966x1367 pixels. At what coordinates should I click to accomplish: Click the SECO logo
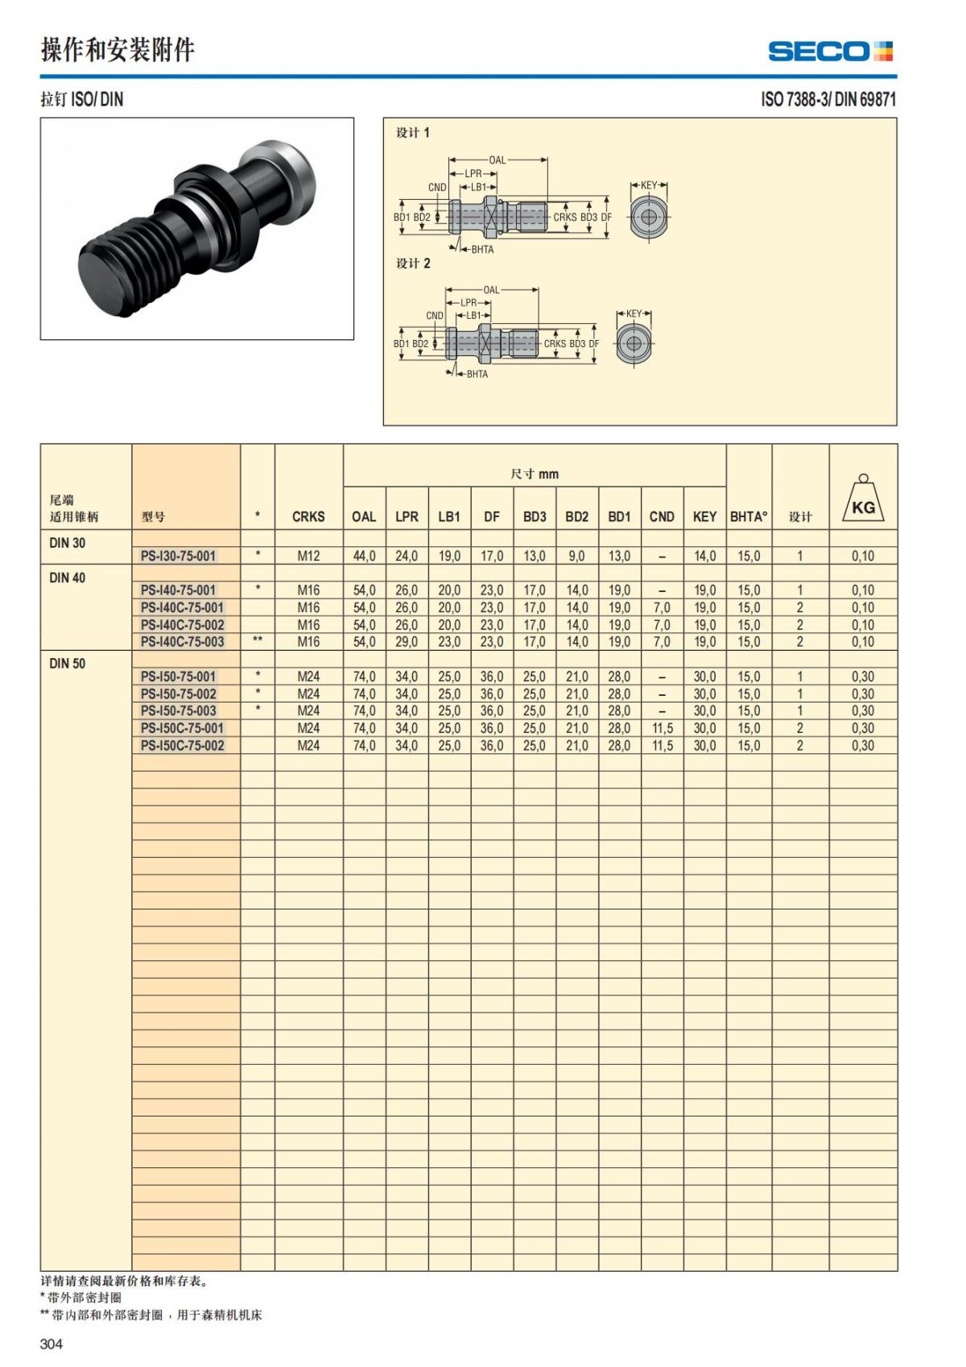[x=830, y=52]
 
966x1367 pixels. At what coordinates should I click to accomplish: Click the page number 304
[x=52, y=1344]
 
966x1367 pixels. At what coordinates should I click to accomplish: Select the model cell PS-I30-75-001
[x=178, y=556]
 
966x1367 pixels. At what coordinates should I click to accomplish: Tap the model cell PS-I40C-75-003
[x=182, y=642]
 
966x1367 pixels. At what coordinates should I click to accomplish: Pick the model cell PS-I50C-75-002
[x=182, y=746]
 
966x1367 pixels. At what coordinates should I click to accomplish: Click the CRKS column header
[x=308, y=517]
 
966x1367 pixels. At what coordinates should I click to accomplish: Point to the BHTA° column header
[x=749, y=517]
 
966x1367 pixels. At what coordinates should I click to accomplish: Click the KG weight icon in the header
[x=863, y=502]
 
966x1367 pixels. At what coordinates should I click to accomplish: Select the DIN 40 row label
[x=68, y=578]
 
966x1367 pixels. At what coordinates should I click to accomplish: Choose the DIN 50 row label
[x=68, y=664]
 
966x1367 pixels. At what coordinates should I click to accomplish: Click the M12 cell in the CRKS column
[x=308, y=556]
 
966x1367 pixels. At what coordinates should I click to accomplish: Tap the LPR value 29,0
[x=407, y=642]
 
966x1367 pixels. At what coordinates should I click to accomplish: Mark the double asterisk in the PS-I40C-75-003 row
[x=258, y=641]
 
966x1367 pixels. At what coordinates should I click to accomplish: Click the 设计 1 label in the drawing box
[x=413, y=133]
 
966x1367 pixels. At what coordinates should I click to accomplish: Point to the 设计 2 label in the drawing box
[x=413, y=263]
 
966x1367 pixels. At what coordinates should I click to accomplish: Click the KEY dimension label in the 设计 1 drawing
[x=649, y=186]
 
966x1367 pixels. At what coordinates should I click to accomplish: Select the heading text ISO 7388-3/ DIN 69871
[x=828, y=100]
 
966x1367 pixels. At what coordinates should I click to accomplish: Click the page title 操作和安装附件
[x=118, y=51]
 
